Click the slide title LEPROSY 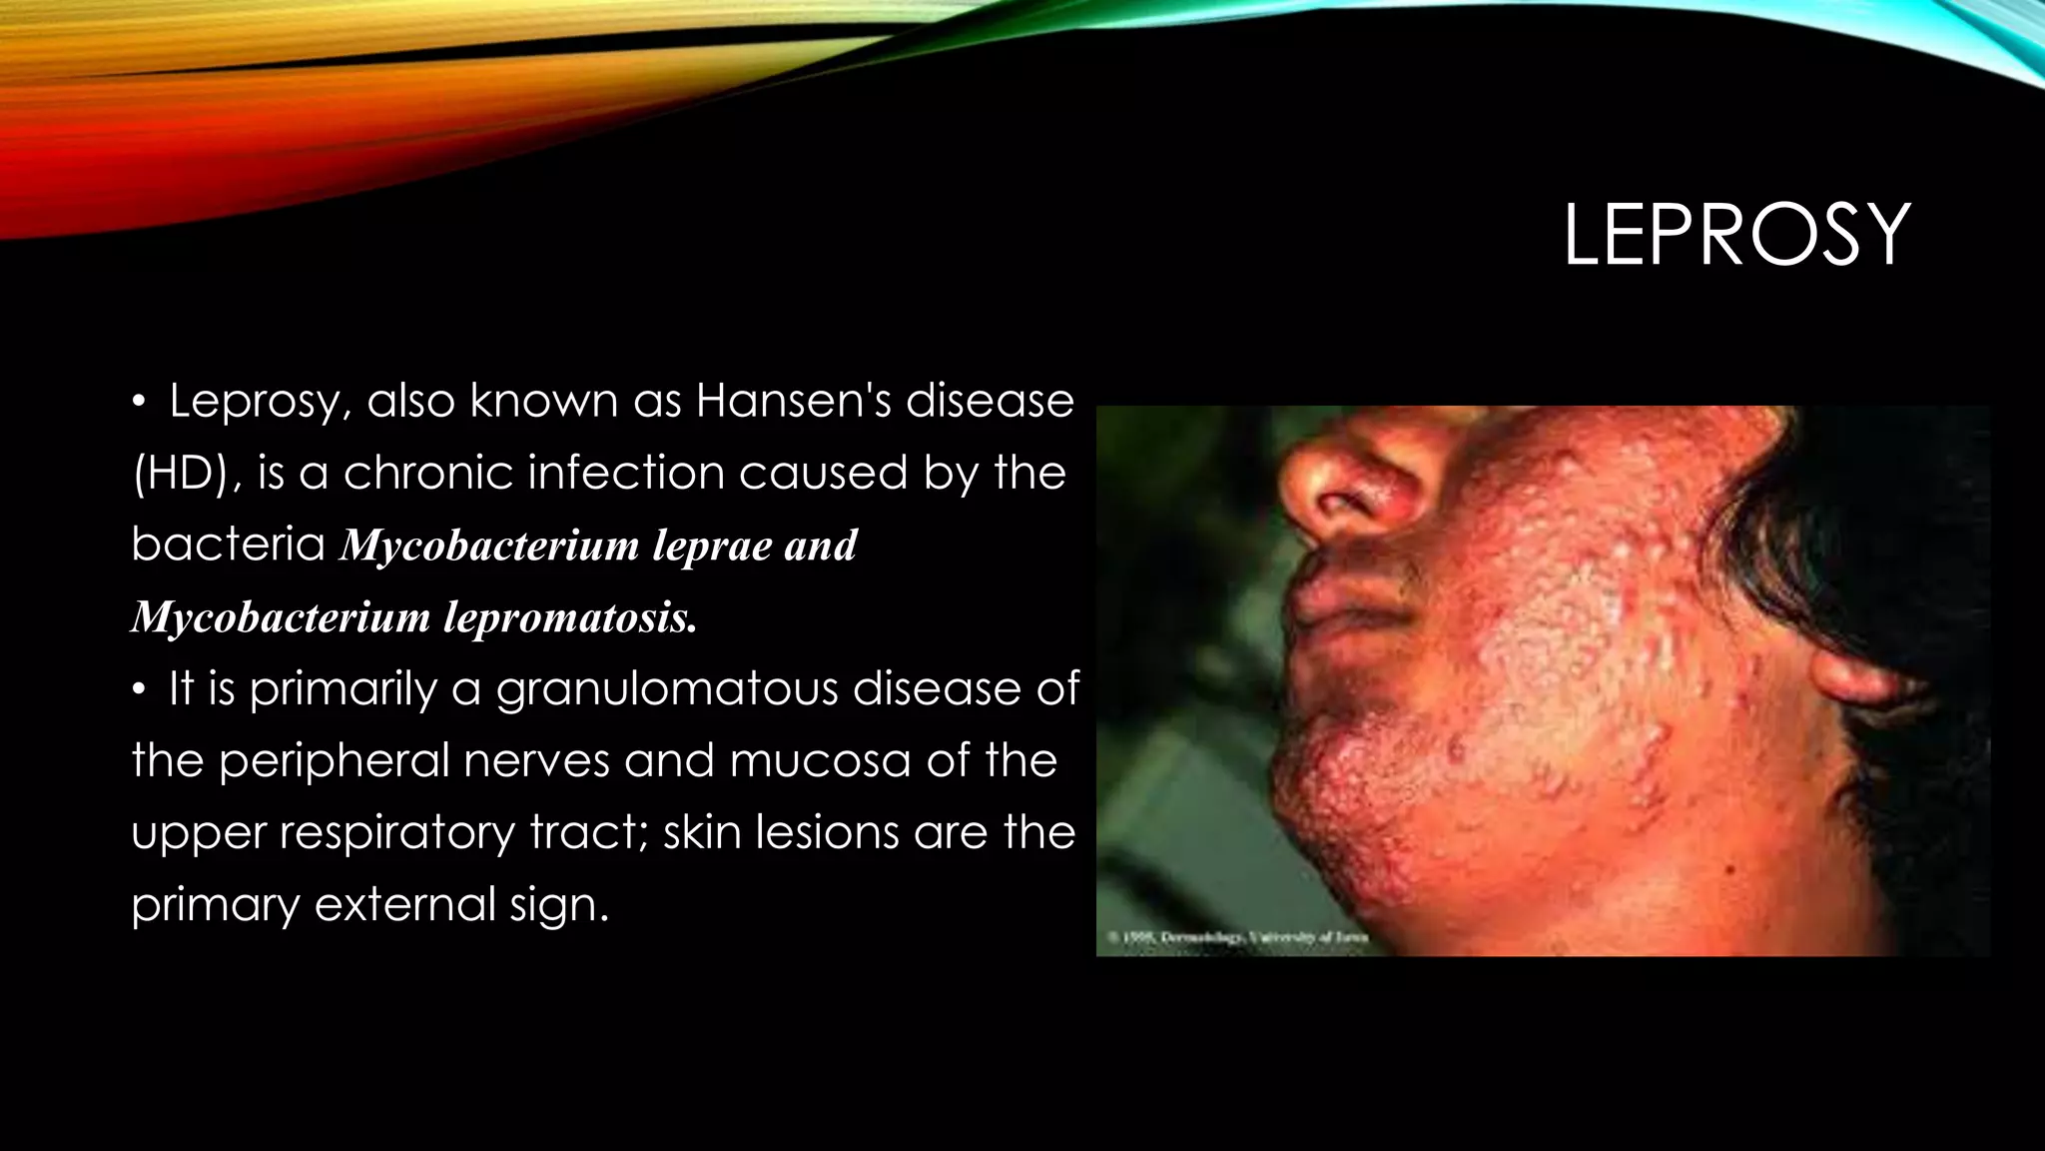tap(1736, 236)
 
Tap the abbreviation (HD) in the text tap(185, 474)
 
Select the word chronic tap(429, 474)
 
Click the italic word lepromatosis tap(570, 617)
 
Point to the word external tap(404, 905)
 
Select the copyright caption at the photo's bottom tap(1238, 938)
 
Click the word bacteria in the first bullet tap(229, 546)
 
